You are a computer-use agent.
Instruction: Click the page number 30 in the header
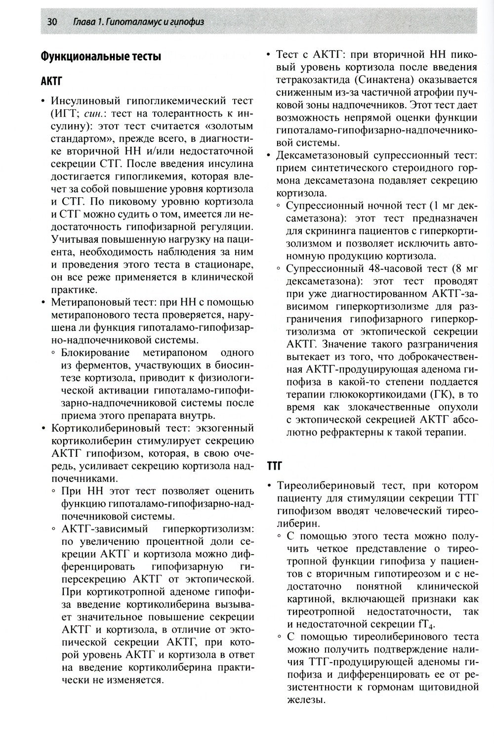tap(52, 22)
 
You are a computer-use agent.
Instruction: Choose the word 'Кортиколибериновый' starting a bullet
tap(98, 428)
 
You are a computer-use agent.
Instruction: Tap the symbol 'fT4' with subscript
tap(432, 624)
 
